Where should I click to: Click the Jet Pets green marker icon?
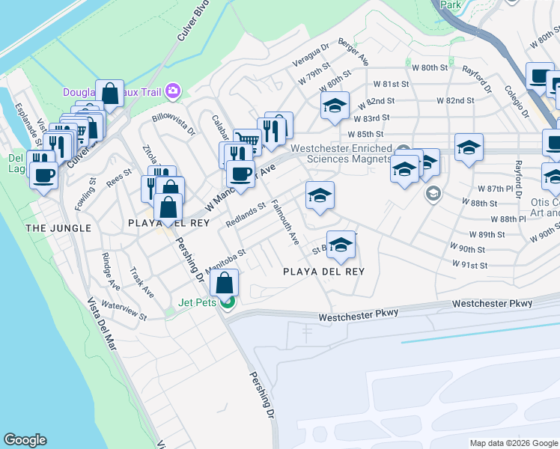231,302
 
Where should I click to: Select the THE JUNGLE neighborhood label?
58,227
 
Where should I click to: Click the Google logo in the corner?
25,440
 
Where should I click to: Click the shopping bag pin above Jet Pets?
224,284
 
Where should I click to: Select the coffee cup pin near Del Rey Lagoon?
43,176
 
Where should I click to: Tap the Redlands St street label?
246,215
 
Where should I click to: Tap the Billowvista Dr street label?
173,124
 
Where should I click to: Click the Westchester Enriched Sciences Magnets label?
341,153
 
